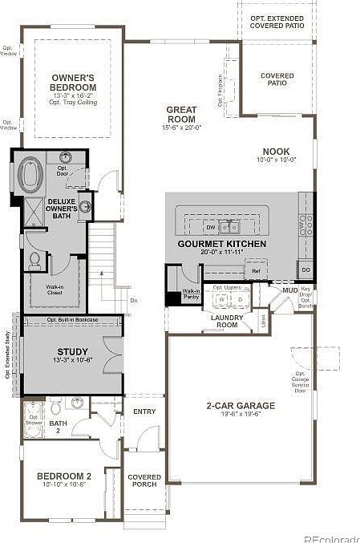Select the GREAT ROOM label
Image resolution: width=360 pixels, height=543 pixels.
pyautogui.click(x=182, y=114)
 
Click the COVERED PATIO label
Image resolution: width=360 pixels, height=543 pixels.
pyautogui.click(x=277, y=80)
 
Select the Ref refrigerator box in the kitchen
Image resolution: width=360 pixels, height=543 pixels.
pyautogui.click(x=256, y=272)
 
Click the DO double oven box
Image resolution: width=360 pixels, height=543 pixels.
pyautogui.click(x=305, y=270)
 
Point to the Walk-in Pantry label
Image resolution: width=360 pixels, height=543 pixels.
pyautogui.click(x=191, y=294)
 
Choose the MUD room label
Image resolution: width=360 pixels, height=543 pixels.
pyautogui.click(x=289, y=290)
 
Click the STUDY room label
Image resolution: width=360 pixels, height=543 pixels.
pyautogui.click(x=72, y=351)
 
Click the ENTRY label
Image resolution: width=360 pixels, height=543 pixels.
pyautogui.click(x=145, y=411)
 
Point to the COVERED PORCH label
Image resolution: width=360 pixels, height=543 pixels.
pyautogui.click(x=144, y=480)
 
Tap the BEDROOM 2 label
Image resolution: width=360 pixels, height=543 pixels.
pyautogui.click(x=64, y=476)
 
